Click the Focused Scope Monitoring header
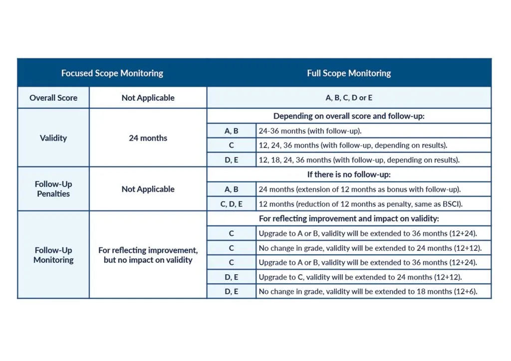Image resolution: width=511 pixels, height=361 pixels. click(x=112, y=73)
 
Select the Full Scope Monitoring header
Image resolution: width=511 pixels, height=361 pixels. click(x=349, y=73)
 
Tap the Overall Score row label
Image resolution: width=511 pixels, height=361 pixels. click(x=53, y=98)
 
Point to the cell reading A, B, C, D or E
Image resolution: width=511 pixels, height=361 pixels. click(x=349, y=98)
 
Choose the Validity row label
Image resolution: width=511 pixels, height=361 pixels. click(x=53, y=138)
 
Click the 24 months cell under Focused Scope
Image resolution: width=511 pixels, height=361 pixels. click(x=148, y=138)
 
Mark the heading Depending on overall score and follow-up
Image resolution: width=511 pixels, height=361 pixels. click(x=349, y=116)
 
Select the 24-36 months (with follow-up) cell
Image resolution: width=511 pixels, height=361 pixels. click(x=310, y=131)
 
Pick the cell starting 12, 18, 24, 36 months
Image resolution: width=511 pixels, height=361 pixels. click(x=359, y=160)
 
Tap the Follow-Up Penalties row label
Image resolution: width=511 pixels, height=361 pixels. click(x=53, y=189)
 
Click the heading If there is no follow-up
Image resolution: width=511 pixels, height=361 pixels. click(x=349, y=175)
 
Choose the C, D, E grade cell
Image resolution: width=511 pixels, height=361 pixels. click(x=232, y=204)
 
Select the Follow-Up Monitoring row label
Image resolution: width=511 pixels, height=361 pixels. click(x=53, y=255)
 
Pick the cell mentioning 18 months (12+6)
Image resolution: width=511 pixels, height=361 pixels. click(x=368, y=292)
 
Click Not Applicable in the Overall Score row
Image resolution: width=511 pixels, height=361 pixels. click(x=148, y=98)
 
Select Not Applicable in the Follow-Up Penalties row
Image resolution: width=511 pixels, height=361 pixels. click(x=148, y=189)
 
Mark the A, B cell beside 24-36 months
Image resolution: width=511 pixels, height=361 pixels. click(x=232, y=131)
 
